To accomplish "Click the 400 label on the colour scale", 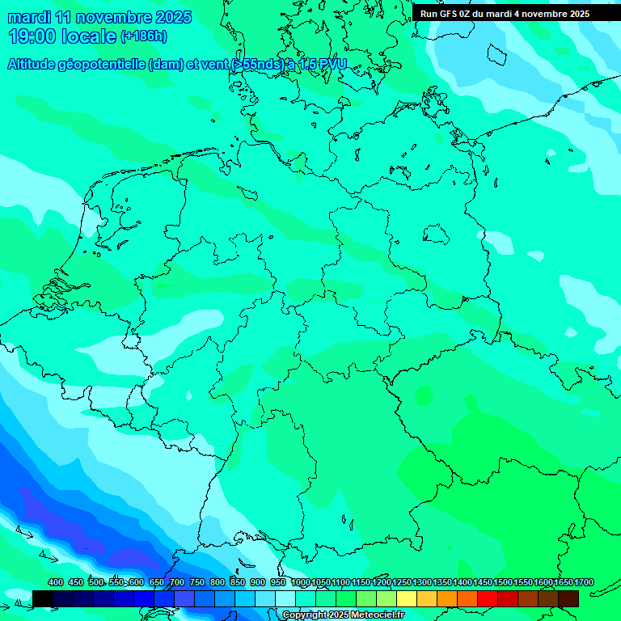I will pos(56,582).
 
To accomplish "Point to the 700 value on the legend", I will pos(177,582).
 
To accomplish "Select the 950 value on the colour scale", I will pos(278,582).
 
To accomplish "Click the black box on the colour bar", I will pos(43,598).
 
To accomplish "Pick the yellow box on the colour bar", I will pos(406,598).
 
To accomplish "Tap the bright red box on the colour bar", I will pos(487,598).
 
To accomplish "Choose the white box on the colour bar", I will pos(285,598).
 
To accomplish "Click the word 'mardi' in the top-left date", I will pos(30,17).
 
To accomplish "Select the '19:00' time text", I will pos(32,36).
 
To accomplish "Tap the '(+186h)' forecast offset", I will pos(144,36).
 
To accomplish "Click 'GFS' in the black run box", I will pos(453,14).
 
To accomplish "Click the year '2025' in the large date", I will pos(172,17).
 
